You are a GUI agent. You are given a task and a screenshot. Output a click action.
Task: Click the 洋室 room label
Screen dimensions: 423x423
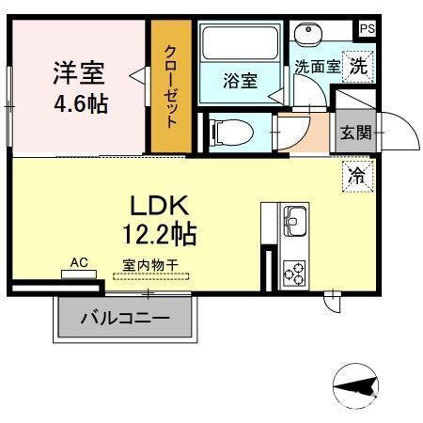coord(78,71)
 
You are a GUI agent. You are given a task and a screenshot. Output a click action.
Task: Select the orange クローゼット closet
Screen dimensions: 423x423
coord(172,86)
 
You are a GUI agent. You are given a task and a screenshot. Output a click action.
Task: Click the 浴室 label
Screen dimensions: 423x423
coord(240,81)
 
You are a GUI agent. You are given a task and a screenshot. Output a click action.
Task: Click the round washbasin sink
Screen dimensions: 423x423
coord(309,36)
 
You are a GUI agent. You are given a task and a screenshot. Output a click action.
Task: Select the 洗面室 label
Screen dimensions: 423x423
coord(314,68)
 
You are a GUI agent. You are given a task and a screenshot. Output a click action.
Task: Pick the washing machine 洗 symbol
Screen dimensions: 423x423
coord(358,66)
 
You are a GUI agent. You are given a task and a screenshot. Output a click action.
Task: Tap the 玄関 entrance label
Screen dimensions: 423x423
coord(355,132)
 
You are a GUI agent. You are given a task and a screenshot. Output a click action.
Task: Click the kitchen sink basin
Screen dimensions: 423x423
coord(294,223)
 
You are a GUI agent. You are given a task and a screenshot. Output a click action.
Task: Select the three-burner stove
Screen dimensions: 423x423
coord(294,272)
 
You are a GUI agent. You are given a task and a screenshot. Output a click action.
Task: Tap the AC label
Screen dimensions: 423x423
coord(79,263)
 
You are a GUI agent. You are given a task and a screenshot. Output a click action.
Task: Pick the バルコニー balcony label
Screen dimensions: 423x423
coord(125,319)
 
